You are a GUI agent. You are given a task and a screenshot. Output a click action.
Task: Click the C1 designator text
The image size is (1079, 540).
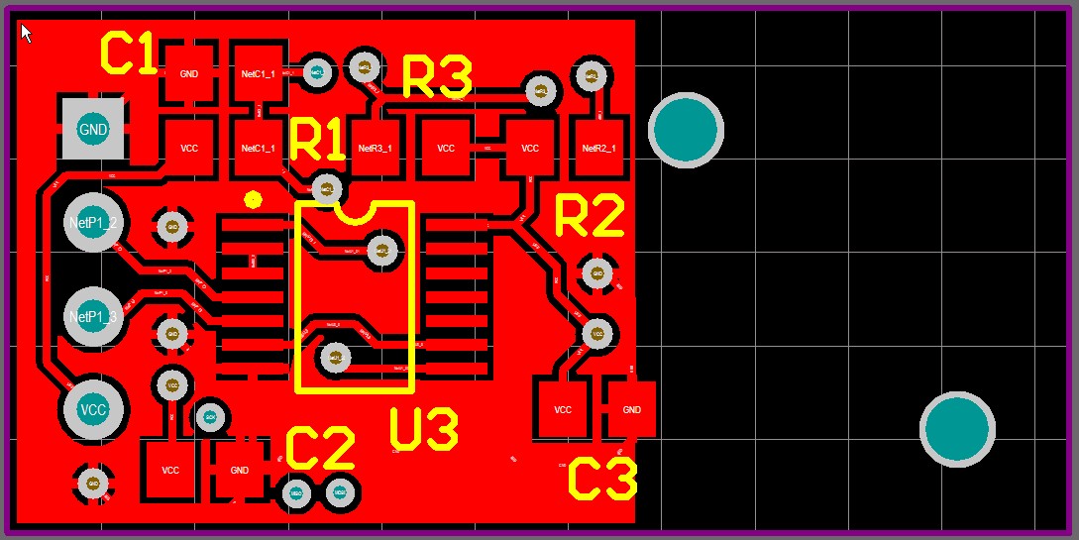130,54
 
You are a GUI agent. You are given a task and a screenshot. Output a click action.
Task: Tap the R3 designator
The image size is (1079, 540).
437,77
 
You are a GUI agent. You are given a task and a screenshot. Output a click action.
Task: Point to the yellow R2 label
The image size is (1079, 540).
590,216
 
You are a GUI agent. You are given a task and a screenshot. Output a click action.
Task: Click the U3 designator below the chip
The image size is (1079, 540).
424,430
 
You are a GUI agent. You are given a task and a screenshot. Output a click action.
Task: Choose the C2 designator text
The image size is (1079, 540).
320,450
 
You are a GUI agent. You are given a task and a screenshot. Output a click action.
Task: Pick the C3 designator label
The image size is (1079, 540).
601,481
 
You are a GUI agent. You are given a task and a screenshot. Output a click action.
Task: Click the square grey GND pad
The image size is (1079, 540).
93,129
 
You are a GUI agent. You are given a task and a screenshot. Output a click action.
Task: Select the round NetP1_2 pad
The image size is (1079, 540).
93,223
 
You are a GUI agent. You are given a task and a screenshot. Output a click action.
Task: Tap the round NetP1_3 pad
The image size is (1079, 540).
93,316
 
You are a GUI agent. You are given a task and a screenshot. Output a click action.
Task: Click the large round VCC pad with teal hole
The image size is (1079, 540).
93,409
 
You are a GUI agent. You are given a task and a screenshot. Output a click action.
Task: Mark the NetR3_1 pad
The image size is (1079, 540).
375,148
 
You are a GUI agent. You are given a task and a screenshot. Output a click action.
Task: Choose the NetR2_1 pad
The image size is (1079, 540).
599,148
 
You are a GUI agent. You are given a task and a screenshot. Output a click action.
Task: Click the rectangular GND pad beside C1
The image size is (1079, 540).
188,73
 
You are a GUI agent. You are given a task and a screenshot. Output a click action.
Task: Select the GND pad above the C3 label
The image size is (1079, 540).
631,409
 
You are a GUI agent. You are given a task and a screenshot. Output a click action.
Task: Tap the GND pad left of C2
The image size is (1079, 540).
239,470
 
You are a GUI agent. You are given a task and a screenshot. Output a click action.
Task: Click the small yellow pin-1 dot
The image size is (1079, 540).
253,199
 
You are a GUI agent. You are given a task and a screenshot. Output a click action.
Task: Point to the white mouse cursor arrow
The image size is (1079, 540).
26,33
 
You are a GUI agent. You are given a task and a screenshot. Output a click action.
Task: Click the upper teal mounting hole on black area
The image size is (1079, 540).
687,129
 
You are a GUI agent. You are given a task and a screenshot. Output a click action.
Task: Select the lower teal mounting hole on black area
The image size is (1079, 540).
957,430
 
